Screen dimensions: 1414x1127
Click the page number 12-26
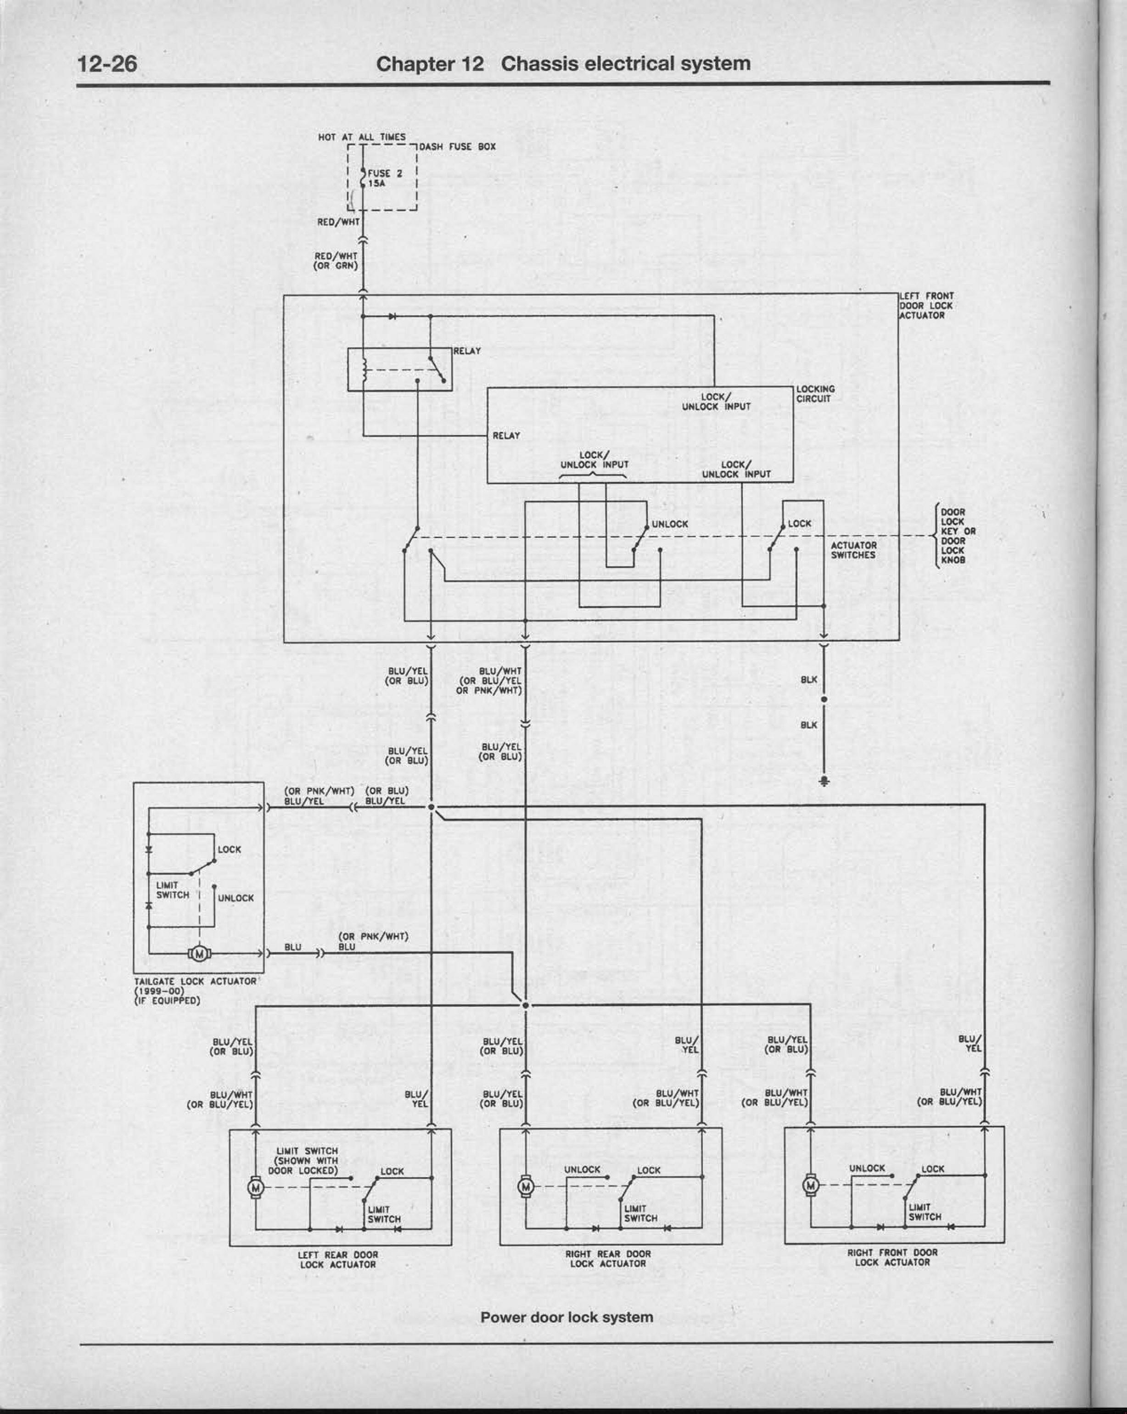(x=107, y=64)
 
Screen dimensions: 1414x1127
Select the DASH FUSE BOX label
(x=457, y=147)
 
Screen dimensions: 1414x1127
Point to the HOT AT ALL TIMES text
(x=361, y=137)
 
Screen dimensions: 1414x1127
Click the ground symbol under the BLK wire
(x=824, y=781)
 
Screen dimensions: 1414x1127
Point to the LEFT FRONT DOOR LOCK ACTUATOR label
(x=926, y=306)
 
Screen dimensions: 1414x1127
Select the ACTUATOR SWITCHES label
(x=853, y=550)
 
